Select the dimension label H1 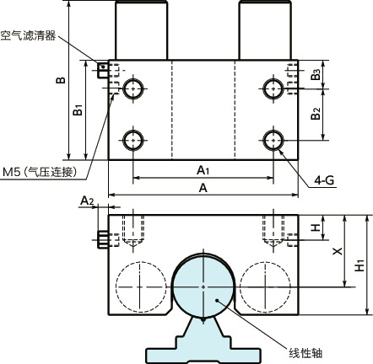pyautogui.click(x=360, y=264)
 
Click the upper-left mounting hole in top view pyautogui.click(x=132, y=88)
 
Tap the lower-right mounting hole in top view pyautogui.click(x=273, y=139)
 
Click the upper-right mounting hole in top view pyautogui.click(x=273, y=88)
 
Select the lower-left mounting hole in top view pyautogui.click(x=132, y=139)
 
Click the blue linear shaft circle pyautogui.click(x=203, y=286)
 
